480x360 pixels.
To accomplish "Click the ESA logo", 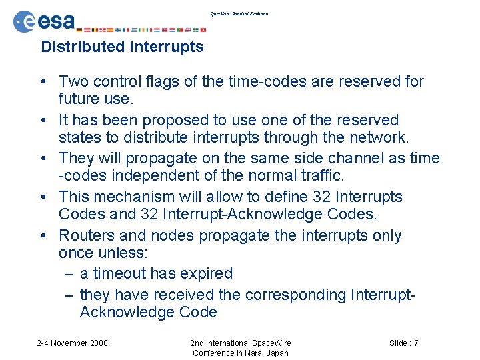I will pos(45,21).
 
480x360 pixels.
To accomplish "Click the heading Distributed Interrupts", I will pos(122,47).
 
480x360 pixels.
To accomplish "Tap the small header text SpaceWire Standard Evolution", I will pos(239,13).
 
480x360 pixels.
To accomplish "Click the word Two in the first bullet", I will pos(73,81).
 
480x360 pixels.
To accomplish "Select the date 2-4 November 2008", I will pos(72,343).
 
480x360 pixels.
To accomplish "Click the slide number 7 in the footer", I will pos(415,343).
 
